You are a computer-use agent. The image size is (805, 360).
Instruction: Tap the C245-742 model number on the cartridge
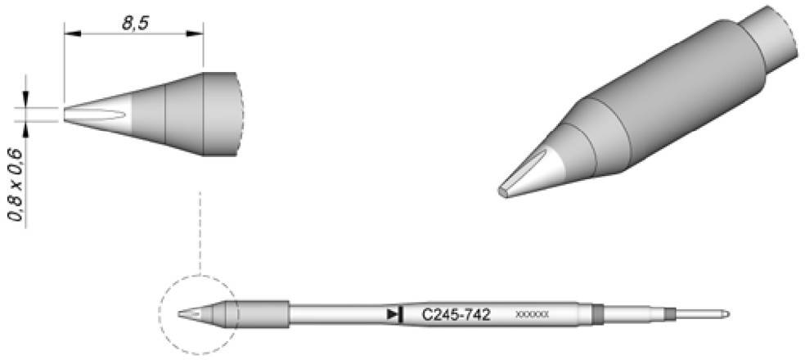pos(456,314)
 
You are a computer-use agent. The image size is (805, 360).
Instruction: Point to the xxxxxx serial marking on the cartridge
pos(533,314)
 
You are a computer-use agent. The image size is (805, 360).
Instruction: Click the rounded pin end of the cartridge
pos(726,313)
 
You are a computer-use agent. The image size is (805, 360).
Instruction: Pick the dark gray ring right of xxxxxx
pos(596,313)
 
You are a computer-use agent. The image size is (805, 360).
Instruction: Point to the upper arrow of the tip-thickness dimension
pos(26,100)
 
